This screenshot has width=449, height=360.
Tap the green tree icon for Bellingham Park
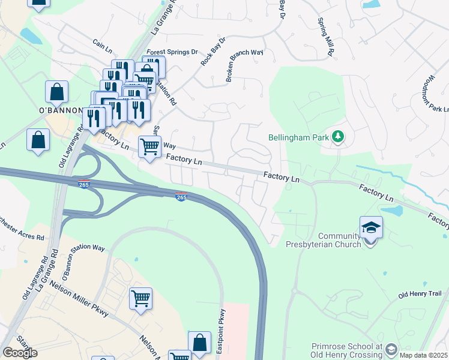[x=339, y=137]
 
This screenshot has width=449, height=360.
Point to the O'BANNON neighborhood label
[x=60, y=110]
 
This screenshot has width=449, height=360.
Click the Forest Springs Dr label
[x=172, y=52]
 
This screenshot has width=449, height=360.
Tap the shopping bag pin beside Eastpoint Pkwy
[x=199, y=343]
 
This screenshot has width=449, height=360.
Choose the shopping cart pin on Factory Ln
[x=149, y=146]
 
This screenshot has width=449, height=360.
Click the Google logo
[x=20, y=353]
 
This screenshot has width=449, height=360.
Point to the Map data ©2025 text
[x=424, y=355]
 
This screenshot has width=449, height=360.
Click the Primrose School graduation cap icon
[x=391, y=349]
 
